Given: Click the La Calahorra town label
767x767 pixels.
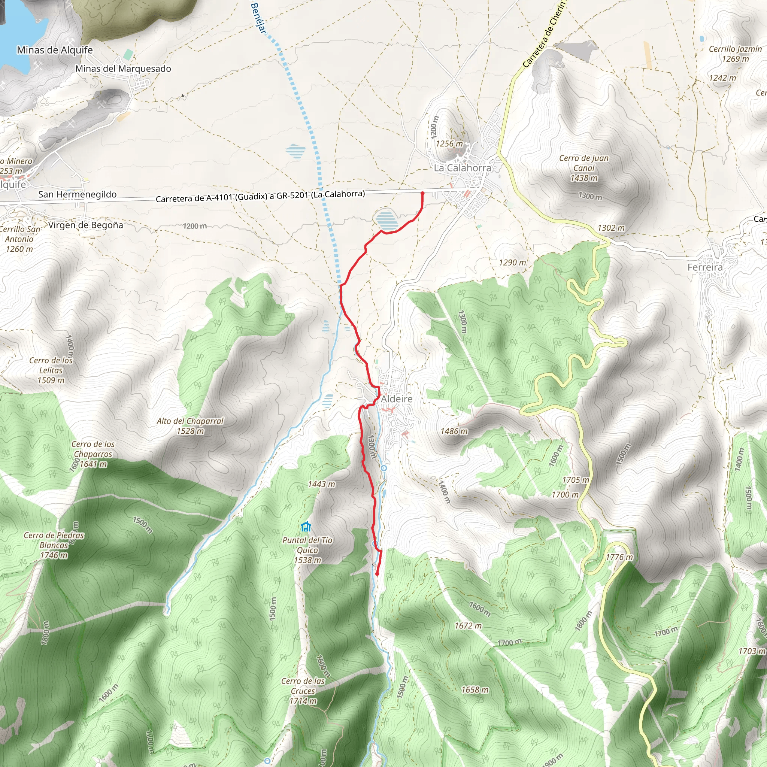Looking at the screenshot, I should coord(462,168).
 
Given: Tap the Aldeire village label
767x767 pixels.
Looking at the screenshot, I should coord(397,398).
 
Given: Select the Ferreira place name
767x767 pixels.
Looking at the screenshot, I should coord(705,267).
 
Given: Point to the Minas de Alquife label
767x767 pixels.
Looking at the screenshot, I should coord(55,50).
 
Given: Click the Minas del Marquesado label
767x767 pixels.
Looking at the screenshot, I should coord(123,69).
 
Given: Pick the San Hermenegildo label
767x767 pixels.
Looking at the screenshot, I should coord(78,194).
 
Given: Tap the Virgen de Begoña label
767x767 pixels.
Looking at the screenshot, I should coord(86,225).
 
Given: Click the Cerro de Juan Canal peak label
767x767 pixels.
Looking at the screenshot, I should coord(583,168).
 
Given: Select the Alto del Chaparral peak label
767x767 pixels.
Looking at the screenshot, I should coord(190,425).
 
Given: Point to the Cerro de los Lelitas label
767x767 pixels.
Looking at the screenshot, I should coord(51,370).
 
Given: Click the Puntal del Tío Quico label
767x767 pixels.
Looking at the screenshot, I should coord(307,550).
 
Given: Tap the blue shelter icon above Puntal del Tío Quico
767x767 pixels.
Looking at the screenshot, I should coord(306,527).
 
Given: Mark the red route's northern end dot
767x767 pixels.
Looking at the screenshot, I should coord(422,193).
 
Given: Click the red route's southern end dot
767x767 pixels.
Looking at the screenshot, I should coord(377,574).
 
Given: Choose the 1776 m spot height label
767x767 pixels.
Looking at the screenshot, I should coord(619,557).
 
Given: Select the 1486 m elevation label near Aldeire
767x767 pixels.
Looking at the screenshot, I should coord(454,431).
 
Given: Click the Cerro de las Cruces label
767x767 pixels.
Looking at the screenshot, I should coord(303,691).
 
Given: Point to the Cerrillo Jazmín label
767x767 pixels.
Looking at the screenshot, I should coord(735,54).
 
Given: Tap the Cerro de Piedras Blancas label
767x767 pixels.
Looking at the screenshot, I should coord(54,545).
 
